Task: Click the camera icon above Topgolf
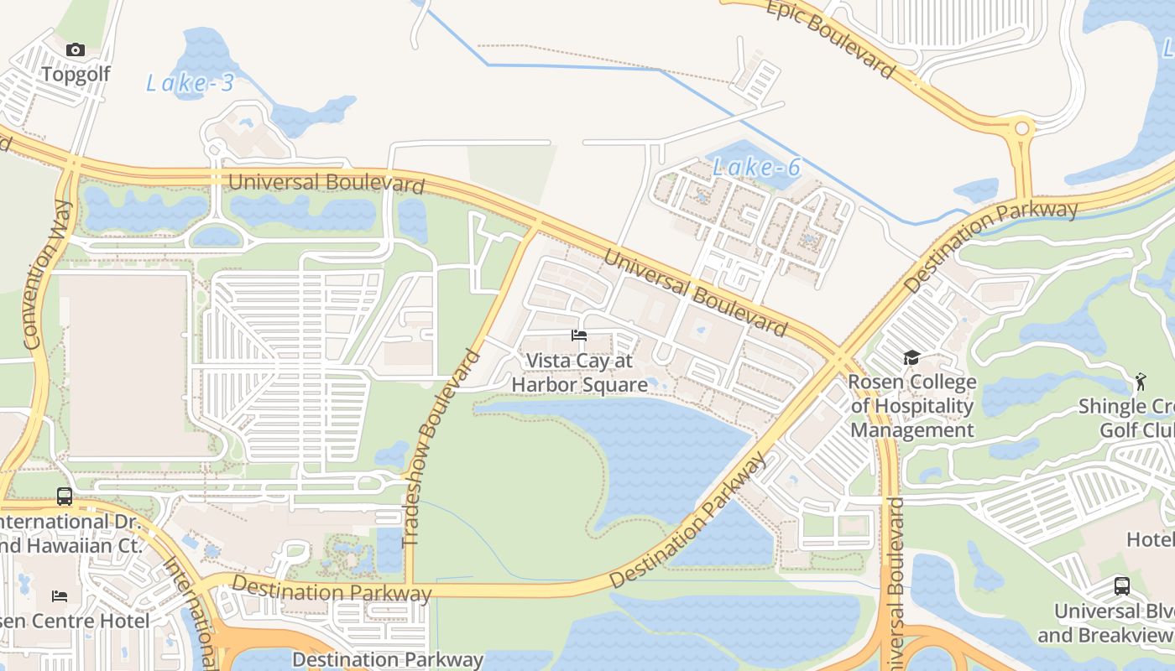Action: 76,50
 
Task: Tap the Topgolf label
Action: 76,74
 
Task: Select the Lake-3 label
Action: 190,82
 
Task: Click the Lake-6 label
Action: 756,167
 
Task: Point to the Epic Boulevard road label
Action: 830,39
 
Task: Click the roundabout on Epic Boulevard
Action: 1021,129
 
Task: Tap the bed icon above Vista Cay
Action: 578,335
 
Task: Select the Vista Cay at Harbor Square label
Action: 579,372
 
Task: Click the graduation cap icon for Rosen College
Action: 911,358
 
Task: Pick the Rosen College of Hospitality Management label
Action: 911,406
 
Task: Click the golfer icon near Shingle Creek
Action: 1140,382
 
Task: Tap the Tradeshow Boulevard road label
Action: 441,449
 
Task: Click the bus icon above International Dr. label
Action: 65,496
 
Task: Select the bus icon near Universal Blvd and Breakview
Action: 1121,585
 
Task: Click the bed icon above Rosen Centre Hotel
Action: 60,596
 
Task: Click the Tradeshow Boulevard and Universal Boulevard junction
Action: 535,225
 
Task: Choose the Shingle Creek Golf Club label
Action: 1125,418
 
